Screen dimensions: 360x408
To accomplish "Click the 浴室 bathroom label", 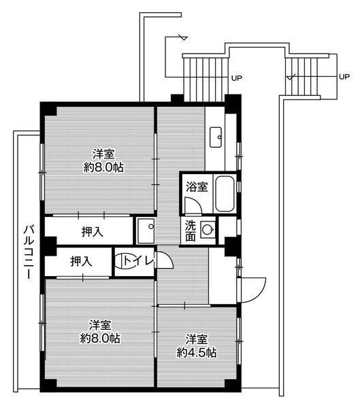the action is (197, 187).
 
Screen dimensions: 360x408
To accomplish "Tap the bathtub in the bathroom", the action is (225, 194).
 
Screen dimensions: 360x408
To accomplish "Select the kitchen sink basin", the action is (216, 137).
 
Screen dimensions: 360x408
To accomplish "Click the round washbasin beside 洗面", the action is (208, 230).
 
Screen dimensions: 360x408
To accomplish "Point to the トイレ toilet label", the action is (139, 260).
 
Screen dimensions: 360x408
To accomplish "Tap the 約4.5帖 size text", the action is (197, 353).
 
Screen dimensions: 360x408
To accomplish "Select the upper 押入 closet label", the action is (93, 232).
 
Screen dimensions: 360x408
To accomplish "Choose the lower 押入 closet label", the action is (81, 261).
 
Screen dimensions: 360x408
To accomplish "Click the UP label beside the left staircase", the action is (237, 78).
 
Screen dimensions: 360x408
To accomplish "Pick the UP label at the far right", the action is (344, 77).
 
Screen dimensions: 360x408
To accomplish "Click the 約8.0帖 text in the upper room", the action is (103, 167).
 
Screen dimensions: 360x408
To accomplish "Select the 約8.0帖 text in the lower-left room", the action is (100, 338).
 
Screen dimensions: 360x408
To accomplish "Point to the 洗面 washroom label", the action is (191, 231).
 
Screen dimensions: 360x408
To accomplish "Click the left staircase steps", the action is (206, 79).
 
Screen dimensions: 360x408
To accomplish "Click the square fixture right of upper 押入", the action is (146, 231).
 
